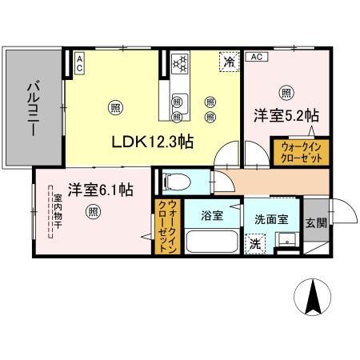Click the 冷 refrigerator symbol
pyautogui.click(x=230, y=62)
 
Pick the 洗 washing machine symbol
pyautogui.click(x=254, y=243)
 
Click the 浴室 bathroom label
pyautogui.click(x=211, y=216)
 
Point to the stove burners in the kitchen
pyautogui.click(x=181, y=61)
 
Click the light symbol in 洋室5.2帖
pyautogui.click(x=285, y=91)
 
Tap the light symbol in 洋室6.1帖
pyautogui.click(x=94, y=212)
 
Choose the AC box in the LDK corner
pyautogui.click(x=80, y=62)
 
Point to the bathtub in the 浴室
pyautogui.click(x=210, y=242)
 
